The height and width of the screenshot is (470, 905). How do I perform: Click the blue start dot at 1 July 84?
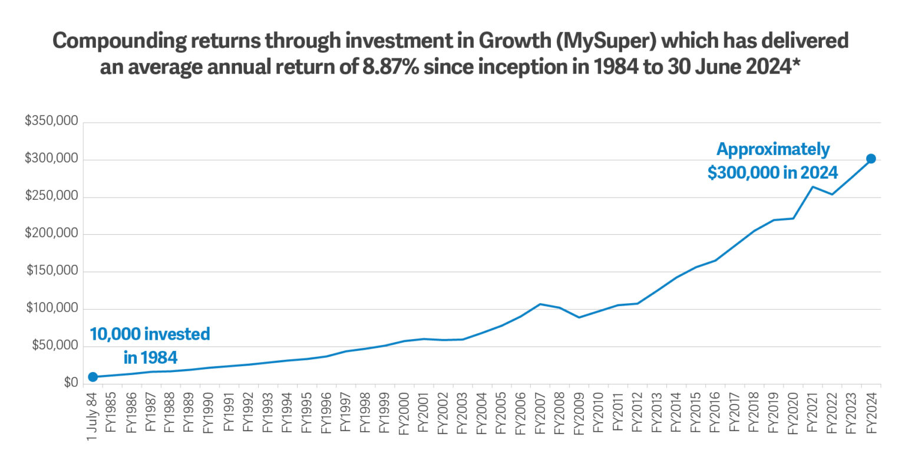tap(93, 377)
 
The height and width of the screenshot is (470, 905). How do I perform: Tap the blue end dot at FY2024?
tap(871, 159)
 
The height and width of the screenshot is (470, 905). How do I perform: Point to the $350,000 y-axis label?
tap(51, 121)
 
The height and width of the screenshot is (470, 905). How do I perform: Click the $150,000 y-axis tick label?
tap(52, 271)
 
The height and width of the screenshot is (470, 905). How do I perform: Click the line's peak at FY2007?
tap(540, 304)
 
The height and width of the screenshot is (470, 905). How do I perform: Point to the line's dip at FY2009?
tap(579, 317)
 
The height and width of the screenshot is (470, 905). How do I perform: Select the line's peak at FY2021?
tap(812, 187)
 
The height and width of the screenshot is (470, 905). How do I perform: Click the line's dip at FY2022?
tap(832, 195)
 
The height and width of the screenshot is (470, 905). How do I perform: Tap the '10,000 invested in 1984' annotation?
tap(150, 345)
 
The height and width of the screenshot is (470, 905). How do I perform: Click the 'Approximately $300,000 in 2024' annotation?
tap(772, 160)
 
